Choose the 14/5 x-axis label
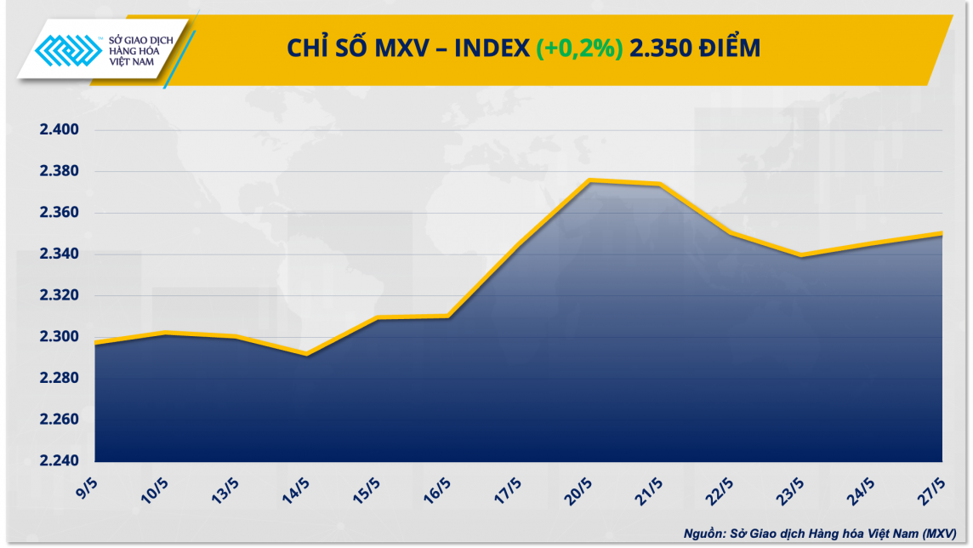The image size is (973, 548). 298,492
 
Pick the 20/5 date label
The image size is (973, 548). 581,492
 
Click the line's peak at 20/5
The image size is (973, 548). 589,180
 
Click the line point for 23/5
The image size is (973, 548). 801,255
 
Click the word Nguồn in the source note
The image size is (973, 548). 701,534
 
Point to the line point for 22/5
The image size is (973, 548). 731,232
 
